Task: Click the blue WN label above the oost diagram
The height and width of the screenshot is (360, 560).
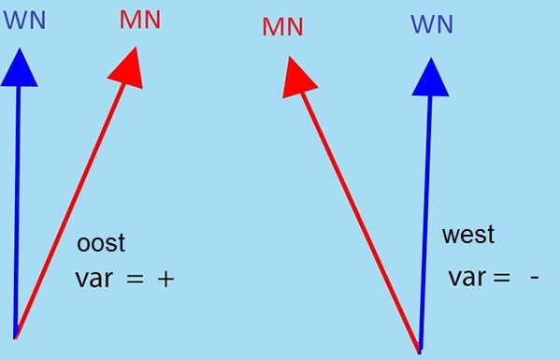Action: (24, 21)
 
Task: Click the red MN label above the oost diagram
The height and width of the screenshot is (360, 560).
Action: (140, 20)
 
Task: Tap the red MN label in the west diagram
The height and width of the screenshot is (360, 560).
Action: (283, 27)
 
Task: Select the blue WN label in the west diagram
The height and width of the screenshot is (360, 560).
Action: (432, 24)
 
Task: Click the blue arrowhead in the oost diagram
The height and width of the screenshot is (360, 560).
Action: (19, 68)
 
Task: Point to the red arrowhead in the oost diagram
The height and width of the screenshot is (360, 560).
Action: (128, 68)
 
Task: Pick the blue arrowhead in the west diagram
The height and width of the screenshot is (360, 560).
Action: (430, 77)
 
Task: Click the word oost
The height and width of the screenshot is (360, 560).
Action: (101, 243)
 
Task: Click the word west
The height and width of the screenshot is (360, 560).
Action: (468, 235)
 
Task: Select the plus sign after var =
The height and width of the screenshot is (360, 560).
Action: (166, 280)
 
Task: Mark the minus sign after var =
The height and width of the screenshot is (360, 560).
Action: (534, 277)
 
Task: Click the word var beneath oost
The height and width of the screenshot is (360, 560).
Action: (94, 280)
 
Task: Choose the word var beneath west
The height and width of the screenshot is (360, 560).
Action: (467, 278)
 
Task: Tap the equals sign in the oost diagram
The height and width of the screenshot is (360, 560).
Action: (135, 280)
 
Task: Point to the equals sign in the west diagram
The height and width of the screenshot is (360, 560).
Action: (501, 278)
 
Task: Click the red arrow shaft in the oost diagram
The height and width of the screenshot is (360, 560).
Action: (69, 210)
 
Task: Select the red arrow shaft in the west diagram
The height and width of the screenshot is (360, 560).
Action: (360, 223)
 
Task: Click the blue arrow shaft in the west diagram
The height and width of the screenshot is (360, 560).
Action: (425, 223)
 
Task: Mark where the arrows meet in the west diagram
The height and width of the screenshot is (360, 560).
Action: (420, 351)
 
